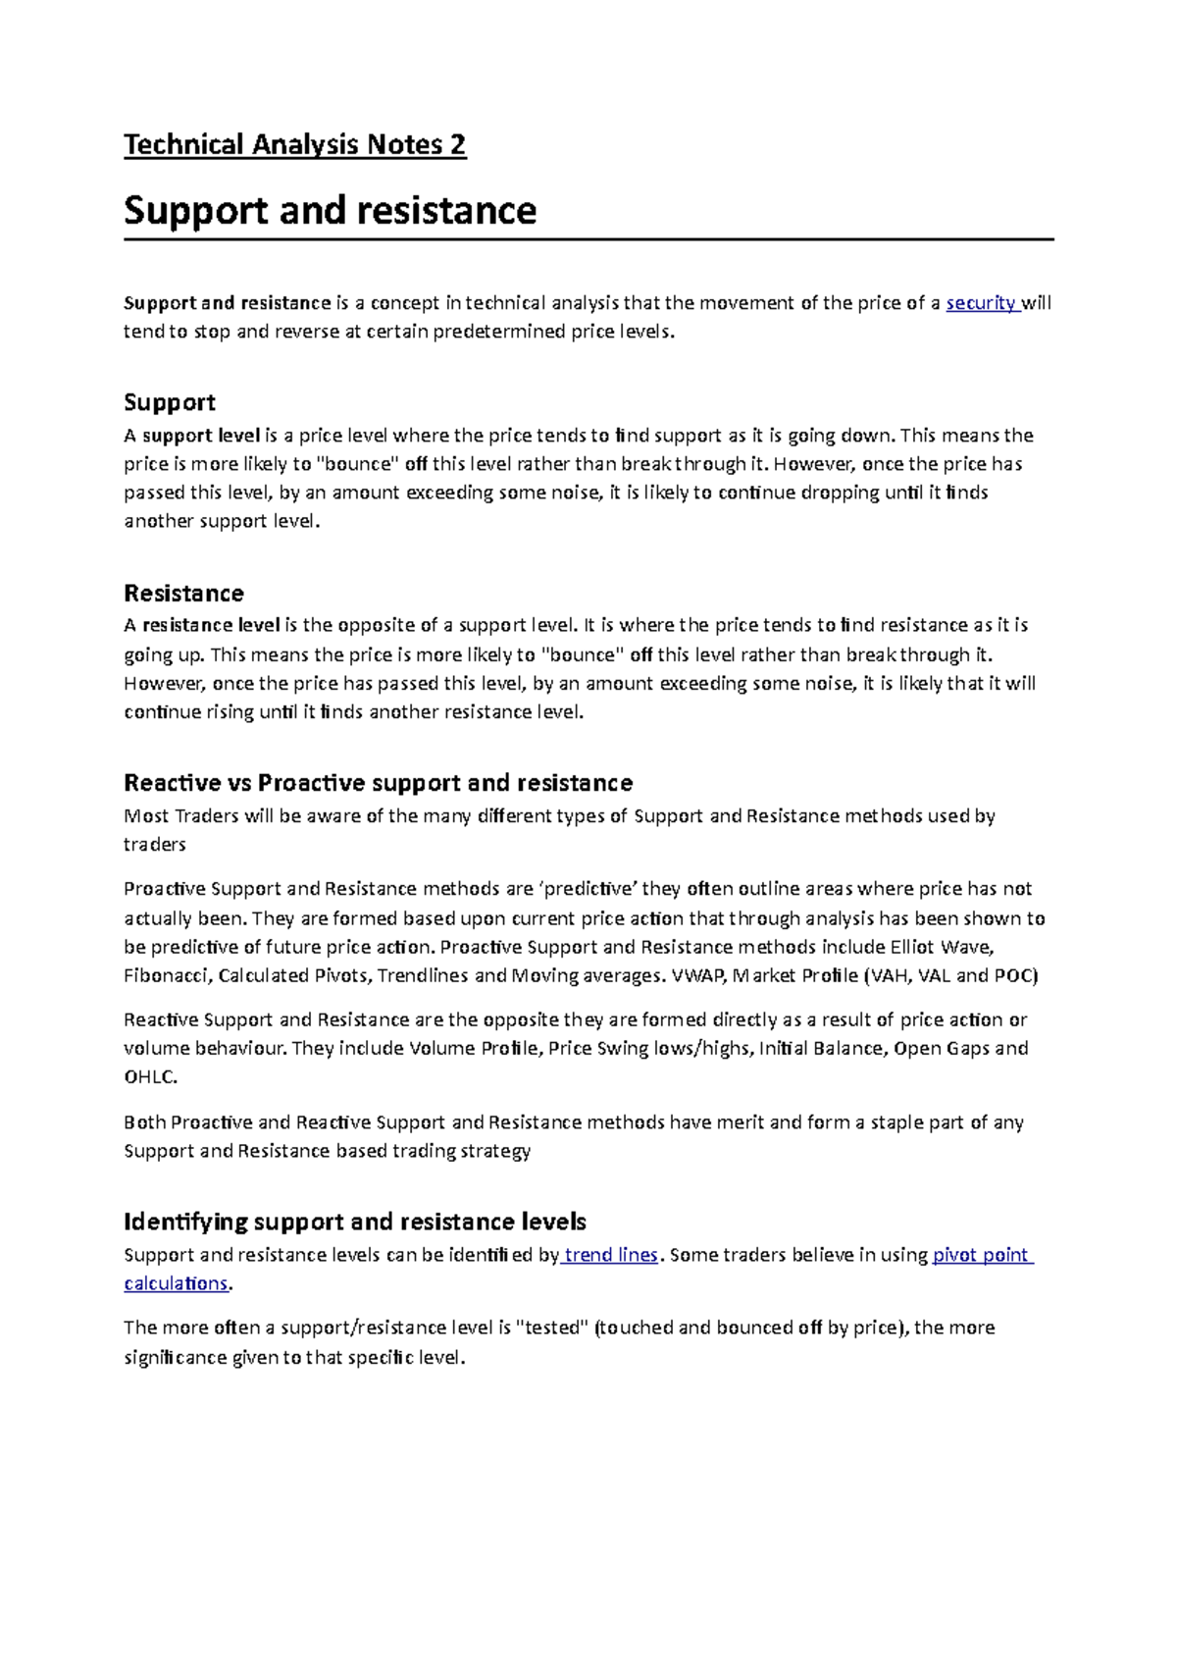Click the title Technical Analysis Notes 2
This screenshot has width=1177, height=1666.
[294, 145]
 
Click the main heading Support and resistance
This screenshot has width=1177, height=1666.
[330, 210]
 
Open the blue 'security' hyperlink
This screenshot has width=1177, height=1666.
[980, 303]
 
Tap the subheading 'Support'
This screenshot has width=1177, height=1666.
[169, 402]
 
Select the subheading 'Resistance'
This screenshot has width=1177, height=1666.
[183, 593]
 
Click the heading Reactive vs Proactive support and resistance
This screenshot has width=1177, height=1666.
[378, 782]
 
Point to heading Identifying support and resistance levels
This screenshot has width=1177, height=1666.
[354, 1222]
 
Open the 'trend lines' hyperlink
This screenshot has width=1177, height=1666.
[610, 1255]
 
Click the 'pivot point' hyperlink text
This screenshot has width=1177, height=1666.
[980, 1255]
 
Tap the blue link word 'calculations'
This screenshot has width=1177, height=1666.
[176, 1283]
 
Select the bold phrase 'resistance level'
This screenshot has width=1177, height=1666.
[211, 625]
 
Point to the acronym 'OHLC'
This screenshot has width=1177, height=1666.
[149, 1077]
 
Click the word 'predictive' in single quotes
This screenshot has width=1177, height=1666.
[589, 889]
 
